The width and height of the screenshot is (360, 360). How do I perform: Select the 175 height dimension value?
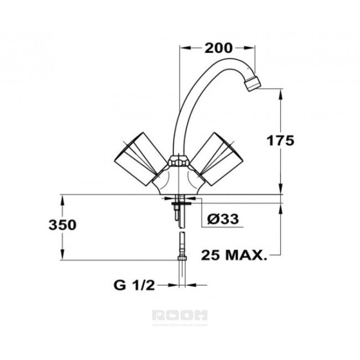pyautogui.click(x=280, y=141)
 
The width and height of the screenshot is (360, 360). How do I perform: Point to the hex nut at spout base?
pyautogui.click(x=178, y=161)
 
